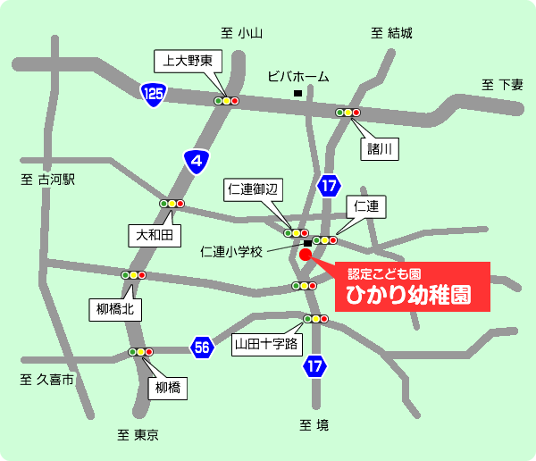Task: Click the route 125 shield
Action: click(x=154, y=91)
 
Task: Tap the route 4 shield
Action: click(x=196, y=161)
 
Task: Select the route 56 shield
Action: click(x=203, y=347)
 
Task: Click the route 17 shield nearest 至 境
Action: click(x=314, y=365)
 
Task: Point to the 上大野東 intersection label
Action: click(x=187, y=62)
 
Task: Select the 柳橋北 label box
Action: click(x=115, y=309)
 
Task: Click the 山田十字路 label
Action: click(x=267, y=343)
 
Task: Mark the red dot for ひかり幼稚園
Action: click(x=306, y=255)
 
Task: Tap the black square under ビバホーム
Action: click(x=297, y=93)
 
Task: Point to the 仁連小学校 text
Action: click(x=231, y=252)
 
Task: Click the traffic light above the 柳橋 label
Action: click(x=140, y=352)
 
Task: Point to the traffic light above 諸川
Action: click(x=347, y=113)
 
